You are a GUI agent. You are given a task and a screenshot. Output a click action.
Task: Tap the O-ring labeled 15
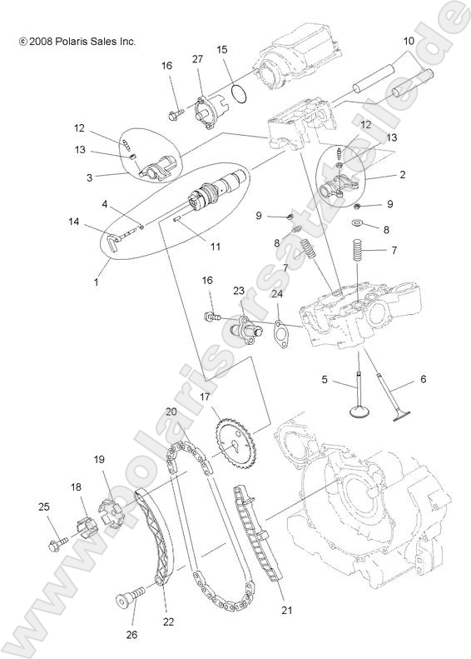pyautogui.click(x=239, y=92)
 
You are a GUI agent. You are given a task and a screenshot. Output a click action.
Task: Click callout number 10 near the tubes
pyautogui.click(x=409, y=41)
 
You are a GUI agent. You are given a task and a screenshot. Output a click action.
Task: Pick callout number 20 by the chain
pyautogui.click(x=171, y=412)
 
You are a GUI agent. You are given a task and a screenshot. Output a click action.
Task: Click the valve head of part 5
pyautogui.click(x=359, y=412)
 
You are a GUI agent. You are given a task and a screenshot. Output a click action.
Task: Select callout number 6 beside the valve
pyautogui.click(x=422, y=379)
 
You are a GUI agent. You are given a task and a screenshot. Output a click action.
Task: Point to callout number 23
pyautogui.click(x=238, y=291)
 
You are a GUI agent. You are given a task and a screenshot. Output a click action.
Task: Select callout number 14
pyautogui.click(x=74, y=222)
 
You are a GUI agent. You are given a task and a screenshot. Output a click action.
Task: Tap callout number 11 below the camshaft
pyautogui.click(x=215, y=247)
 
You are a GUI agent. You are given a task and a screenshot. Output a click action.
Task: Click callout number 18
pyautogui.click(x=75, y=487)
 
